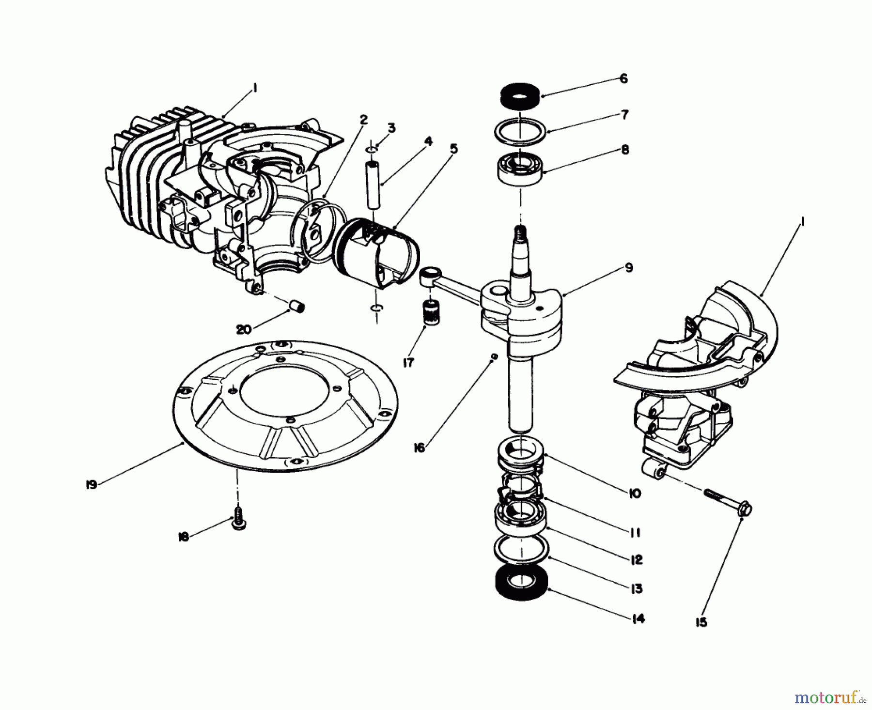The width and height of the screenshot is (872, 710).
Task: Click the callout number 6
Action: click(x=623, y=78)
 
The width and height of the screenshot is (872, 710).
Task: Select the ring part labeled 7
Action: click(x=520, y=131)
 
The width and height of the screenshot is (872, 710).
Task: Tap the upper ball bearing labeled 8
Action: click(x=520, y=168)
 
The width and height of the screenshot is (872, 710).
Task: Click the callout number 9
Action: click(x=628, y=268)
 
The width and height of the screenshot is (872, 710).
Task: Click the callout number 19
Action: click(x=91, y=484)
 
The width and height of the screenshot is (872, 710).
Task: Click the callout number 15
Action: click(x=701, y=622)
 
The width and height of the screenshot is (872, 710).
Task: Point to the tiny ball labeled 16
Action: click(x=494, y=356)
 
